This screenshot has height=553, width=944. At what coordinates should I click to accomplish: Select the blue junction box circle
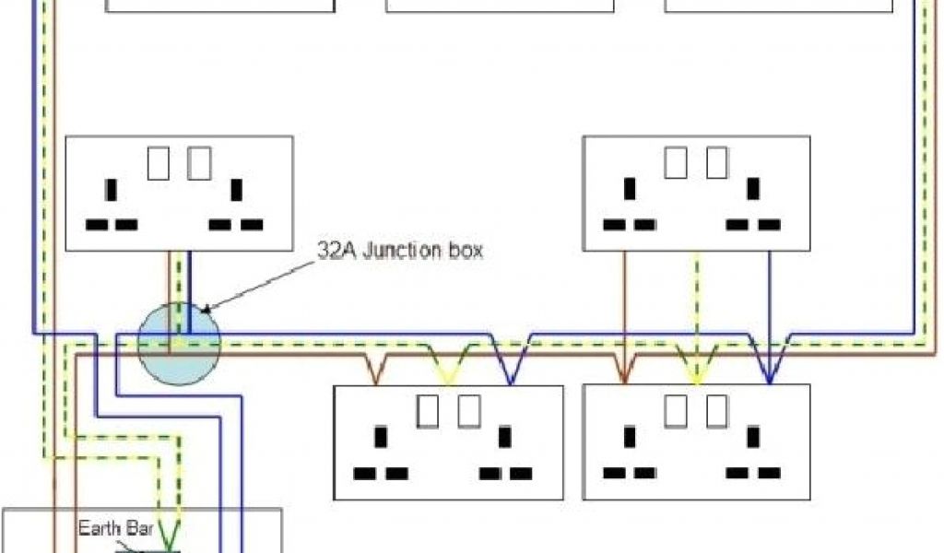pyautogui.click(x=179, y=343)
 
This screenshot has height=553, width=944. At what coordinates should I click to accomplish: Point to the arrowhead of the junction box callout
pyautogui.click(x=205, y=311)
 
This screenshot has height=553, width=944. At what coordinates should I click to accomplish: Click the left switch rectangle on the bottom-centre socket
pyautogui.click(x=428, y=411)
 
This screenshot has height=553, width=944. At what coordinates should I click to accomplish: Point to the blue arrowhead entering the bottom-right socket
pyautogui.click(x=770, y=374)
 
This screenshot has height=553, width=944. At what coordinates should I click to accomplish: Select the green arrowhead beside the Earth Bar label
pyautogui.click(x=171, y=532)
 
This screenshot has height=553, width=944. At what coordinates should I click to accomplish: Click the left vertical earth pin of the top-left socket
pyautogui.click(x=112, y=190)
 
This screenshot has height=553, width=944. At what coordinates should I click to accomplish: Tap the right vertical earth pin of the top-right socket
pyautogui.click(x=754, y=190)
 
